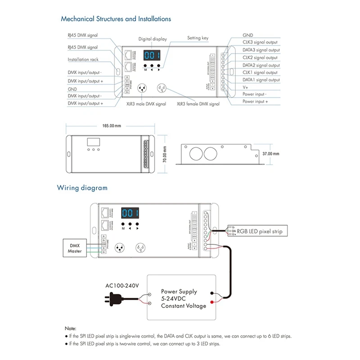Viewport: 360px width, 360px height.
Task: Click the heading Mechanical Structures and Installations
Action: (x=116, y=19)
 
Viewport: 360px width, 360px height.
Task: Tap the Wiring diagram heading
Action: (x=82, y=187)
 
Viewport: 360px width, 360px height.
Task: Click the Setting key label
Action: (x=198, y=38)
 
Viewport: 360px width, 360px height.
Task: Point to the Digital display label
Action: (x=152, y=39)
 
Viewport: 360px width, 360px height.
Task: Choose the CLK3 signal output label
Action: (x=260, y=42)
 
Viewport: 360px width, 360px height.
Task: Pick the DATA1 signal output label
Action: (x=261, y=80)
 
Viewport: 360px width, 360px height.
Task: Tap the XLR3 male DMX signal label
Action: (x=146, y=104)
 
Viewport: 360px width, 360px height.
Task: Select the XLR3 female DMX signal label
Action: (x=198, y=104)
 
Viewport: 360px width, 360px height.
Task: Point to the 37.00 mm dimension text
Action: (x=271, y=153)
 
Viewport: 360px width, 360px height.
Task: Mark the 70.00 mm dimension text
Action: (x=165, y=155)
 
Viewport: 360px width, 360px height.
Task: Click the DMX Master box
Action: (x=75, y=248)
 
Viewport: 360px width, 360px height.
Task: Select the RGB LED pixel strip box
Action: (x=260, y=231)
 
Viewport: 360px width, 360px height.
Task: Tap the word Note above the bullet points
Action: (x=71, y=329)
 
